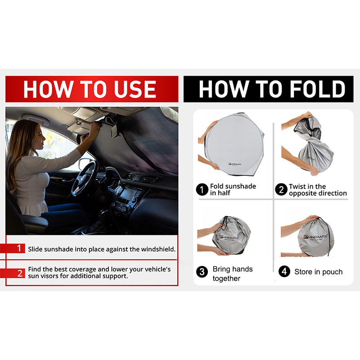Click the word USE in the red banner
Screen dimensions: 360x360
click(135, 89)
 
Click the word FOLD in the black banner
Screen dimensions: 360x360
click(318, 89)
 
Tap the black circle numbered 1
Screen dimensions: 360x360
click(202, 189)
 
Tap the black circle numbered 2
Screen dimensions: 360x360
click(281, 189)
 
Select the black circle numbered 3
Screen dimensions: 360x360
click(202, 272)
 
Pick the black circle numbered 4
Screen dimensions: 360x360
click(284, 271)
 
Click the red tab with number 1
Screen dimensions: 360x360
click(13, 248)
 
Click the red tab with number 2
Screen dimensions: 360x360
click(13, 273)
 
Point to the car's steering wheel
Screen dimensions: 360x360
click(83, 178)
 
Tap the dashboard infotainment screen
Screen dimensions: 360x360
click(128, 194)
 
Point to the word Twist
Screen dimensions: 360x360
click(298, 186)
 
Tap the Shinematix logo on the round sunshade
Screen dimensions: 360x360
click(235, 164)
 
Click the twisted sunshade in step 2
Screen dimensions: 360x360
click(314, 144)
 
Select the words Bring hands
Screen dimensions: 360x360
click(233, 269)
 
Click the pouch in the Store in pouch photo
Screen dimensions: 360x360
click(316, 237)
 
